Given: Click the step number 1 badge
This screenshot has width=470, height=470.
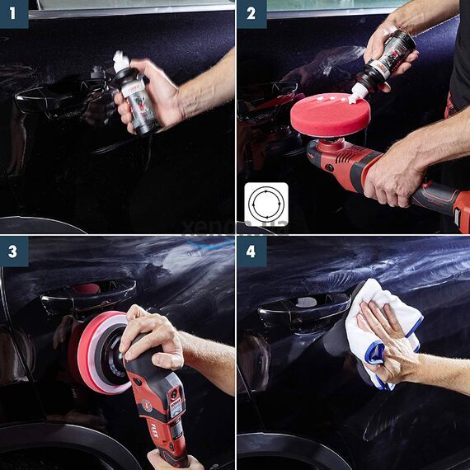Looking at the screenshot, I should tap(14, 14).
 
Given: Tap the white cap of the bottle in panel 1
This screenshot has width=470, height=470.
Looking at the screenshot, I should tap(121, 61).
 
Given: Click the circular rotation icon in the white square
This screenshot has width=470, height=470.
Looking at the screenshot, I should tap(266, 204).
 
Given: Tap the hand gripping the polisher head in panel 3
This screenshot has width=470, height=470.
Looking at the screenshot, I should tap(152, 334).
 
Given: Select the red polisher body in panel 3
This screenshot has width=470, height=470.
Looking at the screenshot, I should tap(165, 404).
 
